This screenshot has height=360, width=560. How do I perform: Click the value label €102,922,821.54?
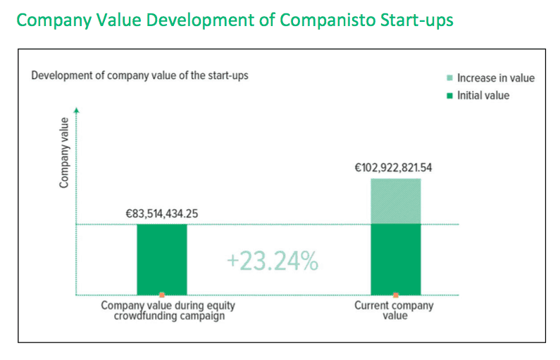click(395, 169)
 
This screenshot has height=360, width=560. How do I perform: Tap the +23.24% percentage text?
click(273, 261)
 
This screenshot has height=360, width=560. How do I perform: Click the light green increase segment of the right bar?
click(395, 201)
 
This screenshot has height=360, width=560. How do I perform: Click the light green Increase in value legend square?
click(449, 78)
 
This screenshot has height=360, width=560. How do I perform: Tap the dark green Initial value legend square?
click(449, 95)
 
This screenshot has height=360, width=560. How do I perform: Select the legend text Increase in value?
click(495, 78)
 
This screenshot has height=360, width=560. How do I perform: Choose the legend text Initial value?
click(483, 95)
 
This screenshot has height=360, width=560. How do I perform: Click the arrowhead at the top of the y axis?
click(76, 111)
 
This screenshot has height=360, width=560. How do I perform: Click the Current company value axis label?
click(394, 311)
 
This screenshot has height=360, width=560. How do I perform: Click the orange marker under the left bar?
click(162, 294)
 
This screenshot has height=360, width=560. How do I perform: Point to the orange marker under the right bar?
click(395, 294)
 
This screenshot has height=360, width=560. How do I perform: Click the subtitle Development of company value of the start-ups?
click(139, 75)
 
